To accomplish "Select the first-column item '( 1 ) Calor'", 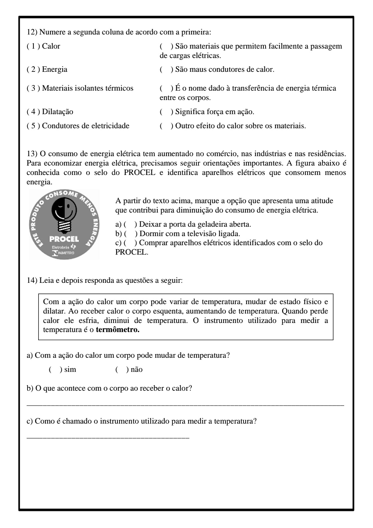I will pos(43,46).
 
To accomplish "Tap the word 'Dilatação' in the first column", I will pos(57,112).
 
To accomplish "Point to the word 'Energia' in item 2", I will pos(55,69).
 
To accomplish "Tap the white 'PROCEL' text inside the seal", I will pos(64,239).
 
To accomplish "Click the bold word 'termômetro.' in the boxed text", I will pos(118,330).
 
